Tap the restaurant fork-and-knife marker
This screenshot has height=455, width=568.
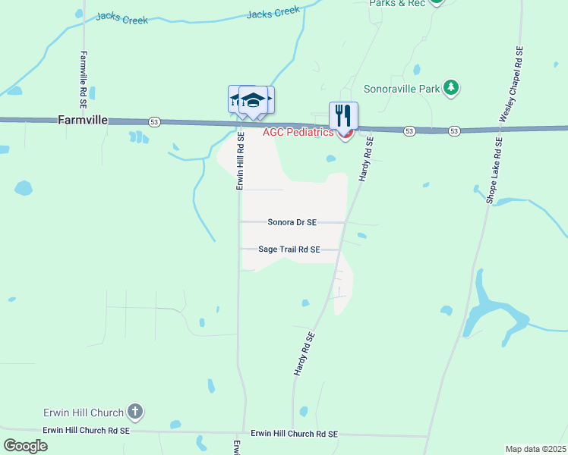click(x=343, y=116)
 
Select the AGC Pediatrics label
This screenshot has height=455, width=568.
click(x=298, y=133)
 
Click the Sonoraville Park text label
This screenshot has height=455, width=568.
click(x=402, y=89)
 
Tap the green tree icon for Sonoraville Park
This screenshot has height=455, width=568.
click(x=451, y=88)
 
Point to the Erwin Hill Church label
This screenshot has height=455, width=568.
click(x=84, y=413)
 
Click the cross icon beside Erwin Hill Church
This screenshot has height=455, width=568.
click(x=135, y=413)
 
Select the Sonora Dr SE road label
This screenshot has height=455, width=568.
click(x=292, y=222)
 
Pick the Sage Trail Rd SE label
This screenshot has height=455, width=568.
click(x=289, y=249)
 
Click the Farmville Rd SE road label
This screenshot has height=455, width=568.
click(x=84, y=80)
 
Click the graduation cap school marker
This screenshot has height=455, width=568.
click(x=254, y=100)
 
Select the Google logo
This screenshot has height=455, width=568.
click(x=25, y=445)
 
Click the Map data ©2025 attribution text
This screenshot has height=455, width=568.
click(x=536, y=449)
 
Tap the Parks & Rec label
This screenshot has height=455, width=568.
click(x=397, y=3)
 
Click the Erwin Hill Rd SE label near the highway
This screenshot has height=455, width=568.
click(x=239, y=162)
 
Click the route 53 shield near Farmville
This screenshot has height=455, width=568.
click(x=154, y=122)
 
